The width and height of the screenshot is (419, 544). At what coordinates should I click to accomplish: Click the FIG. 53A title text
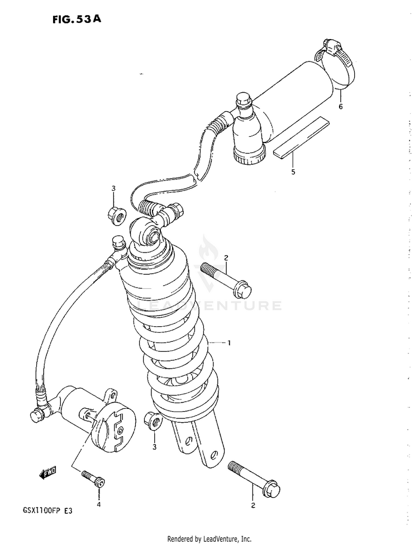[77, 19]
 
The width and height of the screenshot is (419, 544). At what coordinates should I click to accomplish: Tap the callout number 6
[341, 107]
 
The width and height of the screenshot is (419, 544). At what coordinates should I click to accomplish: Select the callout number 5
[293, 171]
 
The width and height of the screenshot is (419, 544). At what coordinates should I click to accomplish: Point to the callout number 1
[229, 343]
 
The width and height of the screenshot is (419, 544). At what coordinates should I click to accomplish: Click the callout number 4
[98, 504]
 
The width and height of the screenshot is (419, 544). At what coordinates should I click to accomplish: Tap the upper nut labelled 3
[116, 216]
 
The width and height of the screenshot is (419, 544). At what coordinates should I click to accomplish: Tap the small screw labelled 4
[93, 479]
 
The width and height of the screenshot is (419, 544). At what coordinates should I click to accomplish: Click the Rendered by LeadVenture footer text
[209, 539]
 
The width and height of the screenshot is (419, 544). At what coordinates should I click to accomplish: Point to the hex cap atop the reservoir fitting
[244, 98]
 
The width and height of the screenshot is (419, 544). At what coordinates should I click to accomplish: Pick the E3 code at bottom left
[68, 510]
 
